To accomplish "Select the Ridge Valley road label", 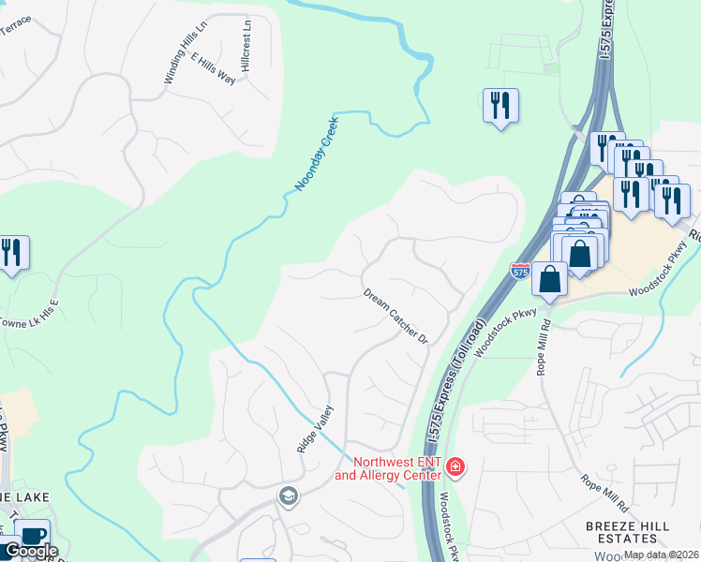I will pos(315,428).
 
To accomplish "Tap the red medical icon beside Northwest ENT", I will pos(455,466).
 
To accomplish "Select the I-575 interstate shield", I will pos(521,270).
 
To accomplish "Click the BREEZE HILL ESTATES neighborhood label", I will pos(627,532).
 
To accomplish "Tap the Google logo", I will pos(30,551).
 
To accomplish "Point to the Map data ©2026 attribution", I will pos(661,555).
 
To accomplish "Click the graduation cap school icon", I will pos(288,495).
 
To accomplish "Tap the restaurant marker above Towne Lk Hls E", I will pos(12,253).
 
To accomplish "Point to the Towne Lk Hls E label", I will pos(29,309).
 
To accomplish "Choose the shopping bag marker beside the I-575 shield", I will pos(549,279).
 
